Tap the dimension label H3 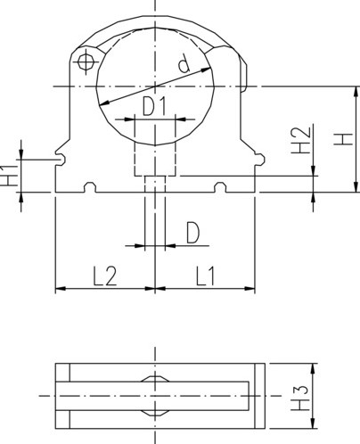pos(302,393)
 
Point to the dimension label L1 pos(205,275)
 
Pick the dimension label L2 pos(105,275)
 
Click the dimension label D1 pos(155,106)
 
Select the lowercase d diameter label pos(184,64)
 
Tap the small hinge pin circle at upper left pos(86,62)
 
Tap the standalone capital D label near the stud pos(192,234)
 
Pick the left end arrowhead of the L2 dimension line pos(60,289)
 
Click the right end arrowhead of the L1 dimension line pos(251,289)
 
